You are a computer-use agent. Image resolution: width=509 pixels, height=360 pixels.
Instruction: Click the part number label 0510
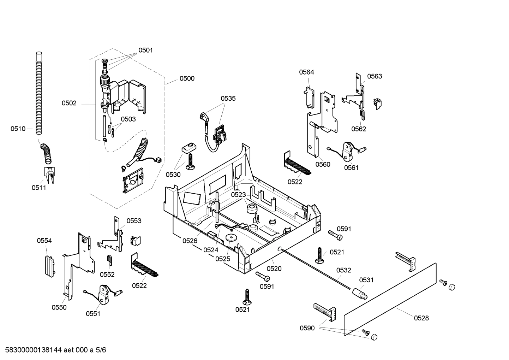pos(18,129)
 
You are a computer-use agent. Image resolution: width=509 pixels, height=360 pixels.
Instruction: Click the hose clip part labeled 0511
pos(48,175)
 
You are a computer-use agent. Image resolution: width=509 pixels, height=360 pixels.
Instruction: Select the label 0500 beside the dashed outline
pos(187,78)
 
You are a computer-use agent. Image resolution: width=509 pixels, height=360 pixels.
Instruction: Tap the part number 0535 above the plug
pos(228,99)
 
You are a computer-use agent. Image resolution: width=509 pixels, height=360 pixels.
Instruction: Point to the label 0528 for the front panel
pos(421,318)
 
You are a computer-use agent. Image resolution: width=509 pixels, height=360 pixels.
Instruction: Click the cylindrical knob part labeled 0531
pos(360,293)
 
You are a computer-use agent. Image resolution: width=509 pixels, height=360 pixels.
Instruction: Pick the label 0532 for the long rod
pos(343,270)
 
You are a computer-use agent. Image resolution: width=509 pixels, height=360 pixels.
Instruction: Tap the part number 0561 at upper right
pos(351,167)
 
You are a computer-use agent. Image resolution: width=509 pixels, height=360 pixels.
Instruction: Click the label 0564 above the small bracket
pos(306,72)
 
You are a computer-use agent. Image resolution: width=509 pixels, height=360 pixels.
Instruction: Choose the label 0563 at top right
pos(374,76)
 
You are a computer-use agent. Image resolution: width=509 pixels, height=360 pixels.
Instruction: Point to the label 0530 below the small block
pos(173,175)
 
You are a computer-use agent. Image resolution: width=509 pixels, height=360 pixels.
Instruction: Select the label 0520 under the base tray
pos(274,268)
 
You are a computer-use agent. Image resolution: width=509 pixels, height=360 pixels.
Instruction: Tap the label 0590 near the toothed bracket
pos(307,328)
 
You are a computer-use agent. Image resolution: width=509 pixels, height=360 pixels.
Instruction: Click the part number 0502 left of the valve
pos(69,103)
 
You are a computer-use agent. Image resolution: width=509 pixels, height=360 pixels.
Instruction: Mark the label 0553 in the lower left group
pos(134,221)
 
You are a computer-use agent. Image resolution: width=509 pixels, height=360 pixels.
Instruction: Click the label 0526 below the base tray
pos(190,241)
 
